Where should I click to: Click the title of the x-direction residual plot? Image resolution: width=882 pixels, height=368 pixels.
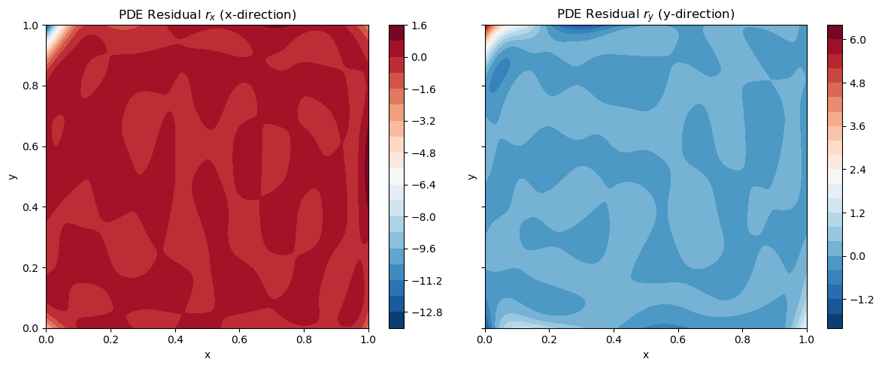click(207, 14)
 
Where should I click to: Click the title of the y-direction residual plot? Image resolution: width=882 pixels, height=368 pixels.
click(645, 14)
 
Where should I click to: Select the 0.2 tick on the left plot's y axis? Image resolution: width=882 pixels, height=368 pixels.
click(32, 267)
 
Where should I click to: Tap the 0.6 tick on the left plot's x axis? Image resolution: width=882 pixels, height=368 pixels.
click(239, 340)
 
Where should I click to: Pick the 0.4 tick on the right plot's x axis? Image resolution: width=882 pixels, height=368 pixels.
click(614, 340)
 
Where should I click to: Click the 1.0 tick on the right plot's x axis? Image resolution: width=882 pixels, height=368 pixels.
click(806, 340)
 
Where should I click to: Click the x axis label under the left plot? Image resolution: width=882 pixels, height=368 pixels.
click(207, 354)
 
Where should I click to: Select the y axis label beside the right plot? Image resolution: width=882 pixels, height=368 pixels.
click(471, 176)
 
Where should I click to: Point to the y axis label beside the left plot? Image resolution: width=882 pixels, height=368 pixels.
click(12, 176)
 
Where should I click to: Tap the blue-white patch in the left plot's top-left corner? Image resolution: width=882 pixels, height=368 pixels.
click(50, 29)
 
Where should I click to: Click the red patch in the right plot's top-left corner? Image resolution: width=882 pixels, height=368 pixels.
click(489, 29)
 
